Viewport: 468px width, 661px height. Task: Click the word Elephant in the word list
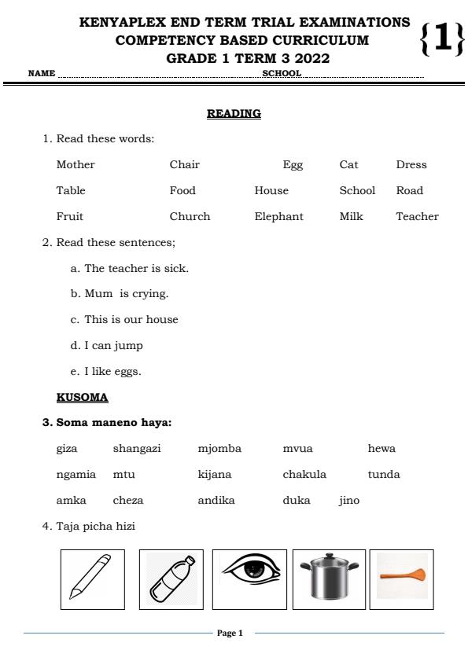[278, 216]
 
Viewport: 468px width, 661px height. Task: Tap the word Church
[190, 216]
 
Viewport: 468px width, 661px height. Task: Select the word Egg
[293, 164]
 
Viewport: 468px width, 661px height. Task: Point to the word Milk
[351, 216]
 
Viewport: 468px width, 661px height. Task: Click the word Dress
[411, 164]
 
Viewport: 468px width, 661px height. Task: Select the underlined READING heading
[234, 114]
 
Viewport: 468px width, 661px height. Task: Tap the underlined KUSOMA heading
[82, 397]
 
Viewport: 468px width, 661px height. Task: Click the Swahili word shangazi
[137, 448]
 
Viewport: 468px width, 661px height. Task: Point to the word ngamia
[76, 474]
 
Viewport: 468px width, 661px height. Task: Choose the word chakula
[304, 474]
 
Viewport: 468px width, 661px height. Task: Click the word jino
[349, 500]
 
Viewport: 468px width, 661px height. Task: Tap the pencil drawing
[92, 579]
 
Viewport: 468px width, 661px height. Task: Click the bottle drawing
[171, 579]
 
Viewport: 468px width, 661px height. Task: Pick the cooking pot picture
[329, 579]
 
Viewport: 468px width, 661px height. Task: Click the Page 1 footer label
[230, 633]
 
